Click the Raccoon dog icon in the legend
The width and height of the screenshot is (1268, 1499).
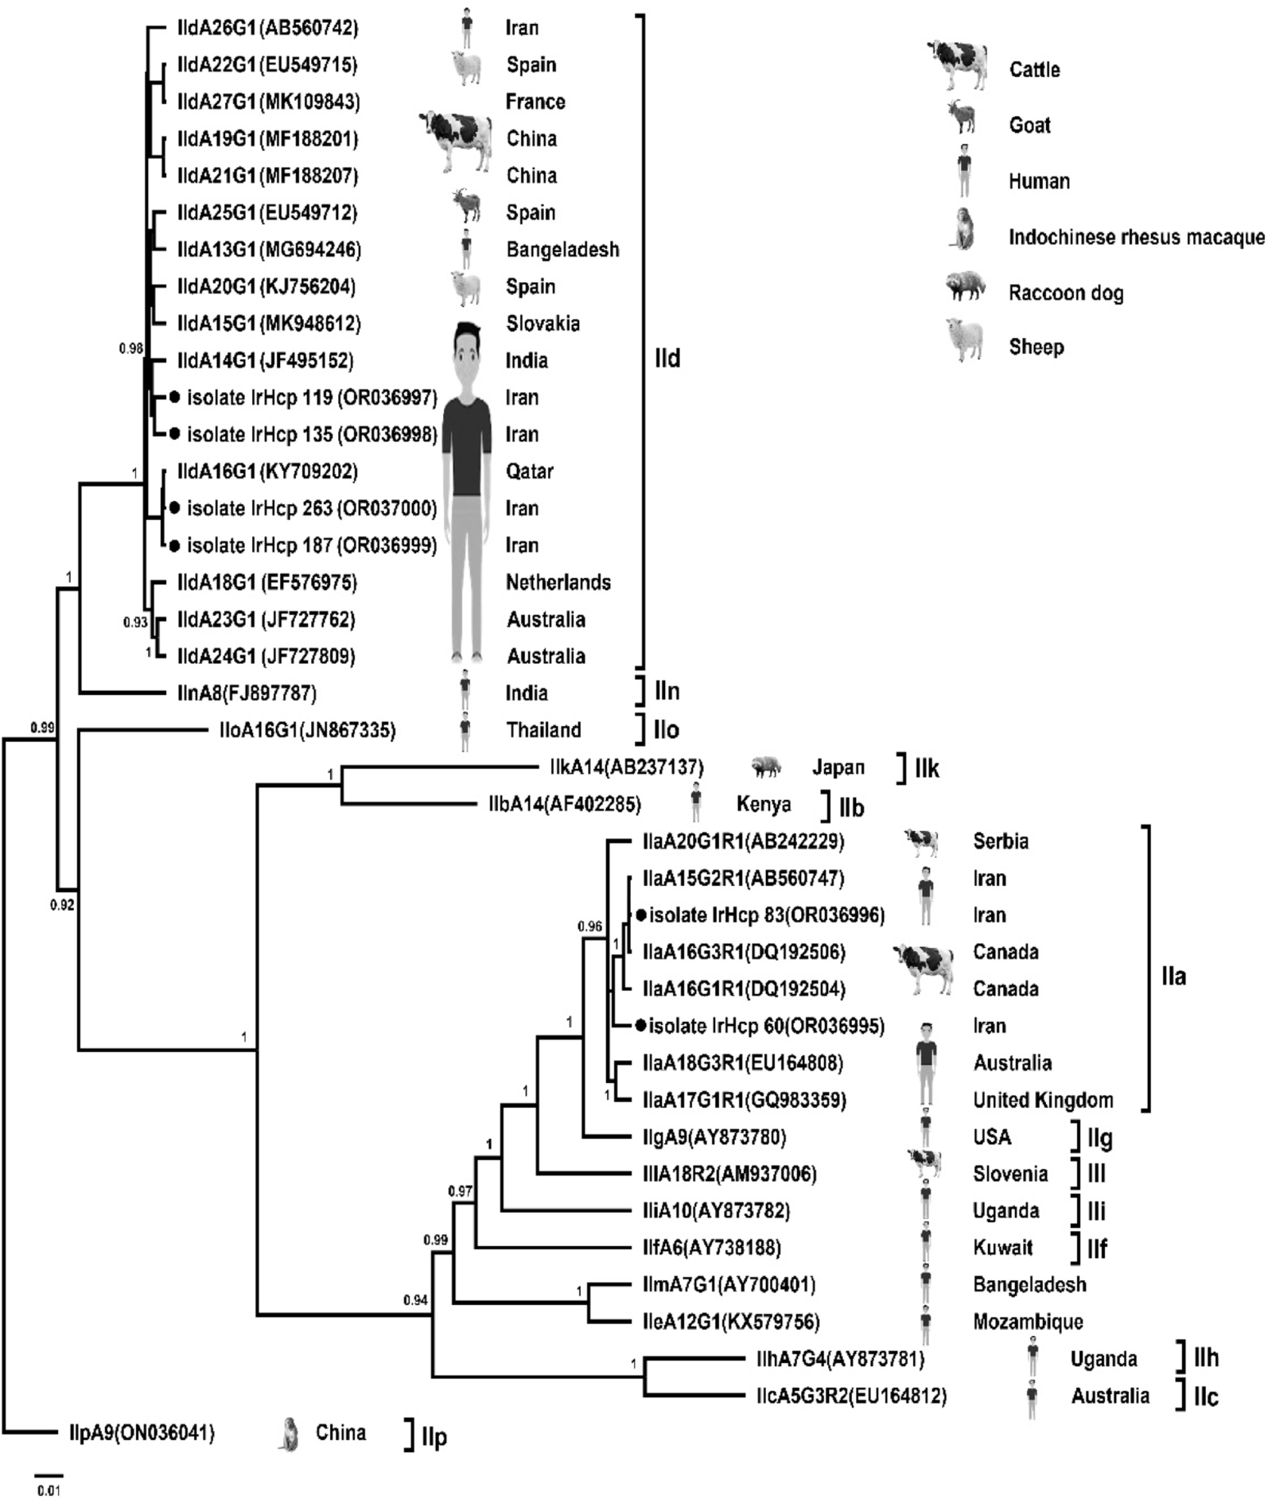pos(965,286)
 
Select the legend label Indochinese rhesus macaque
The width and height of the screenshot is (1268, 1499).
pos(1136,237)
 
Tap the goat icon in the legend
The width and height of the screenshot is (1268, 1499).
pos(962,117)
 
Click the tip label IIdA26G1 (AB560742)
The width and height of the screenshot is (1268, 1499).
pos(267,28)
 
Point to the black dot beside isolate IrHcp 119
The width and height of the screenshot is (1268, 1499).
pos(175,396)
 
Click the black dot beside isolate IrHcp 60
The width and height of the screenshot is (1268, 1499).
pos(640,1026)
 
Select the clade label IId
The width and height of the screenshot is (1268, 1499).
pos(667,359)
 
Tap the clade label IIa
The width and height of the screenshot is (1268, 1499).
pos(1173,976)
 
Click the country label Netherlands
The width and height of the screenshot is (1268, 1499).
pos(558,582)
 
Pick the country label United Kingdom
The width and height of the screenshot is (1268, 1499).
pos(1043,1100)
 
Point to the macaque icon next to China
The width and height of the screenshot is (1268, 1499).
pos(289,1433)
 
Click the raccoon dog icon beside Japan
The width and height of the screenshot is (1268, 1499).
pos(765,767)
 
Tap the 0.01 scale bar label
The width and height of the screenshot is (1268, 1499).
pos(49,1489)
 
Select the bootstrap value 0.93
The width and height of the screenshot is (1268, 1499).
pos(135,622)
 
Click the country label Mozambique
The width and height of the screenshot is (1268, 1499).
pos(1028,1322)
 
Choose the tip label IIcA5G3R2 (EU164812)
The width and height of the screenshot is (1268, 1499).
pos(851,1396)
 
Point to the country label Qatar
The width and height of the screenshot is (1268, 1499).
pos(529,471)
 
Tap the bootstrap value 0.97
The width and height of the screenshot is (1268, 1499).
pos(460,1191)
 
